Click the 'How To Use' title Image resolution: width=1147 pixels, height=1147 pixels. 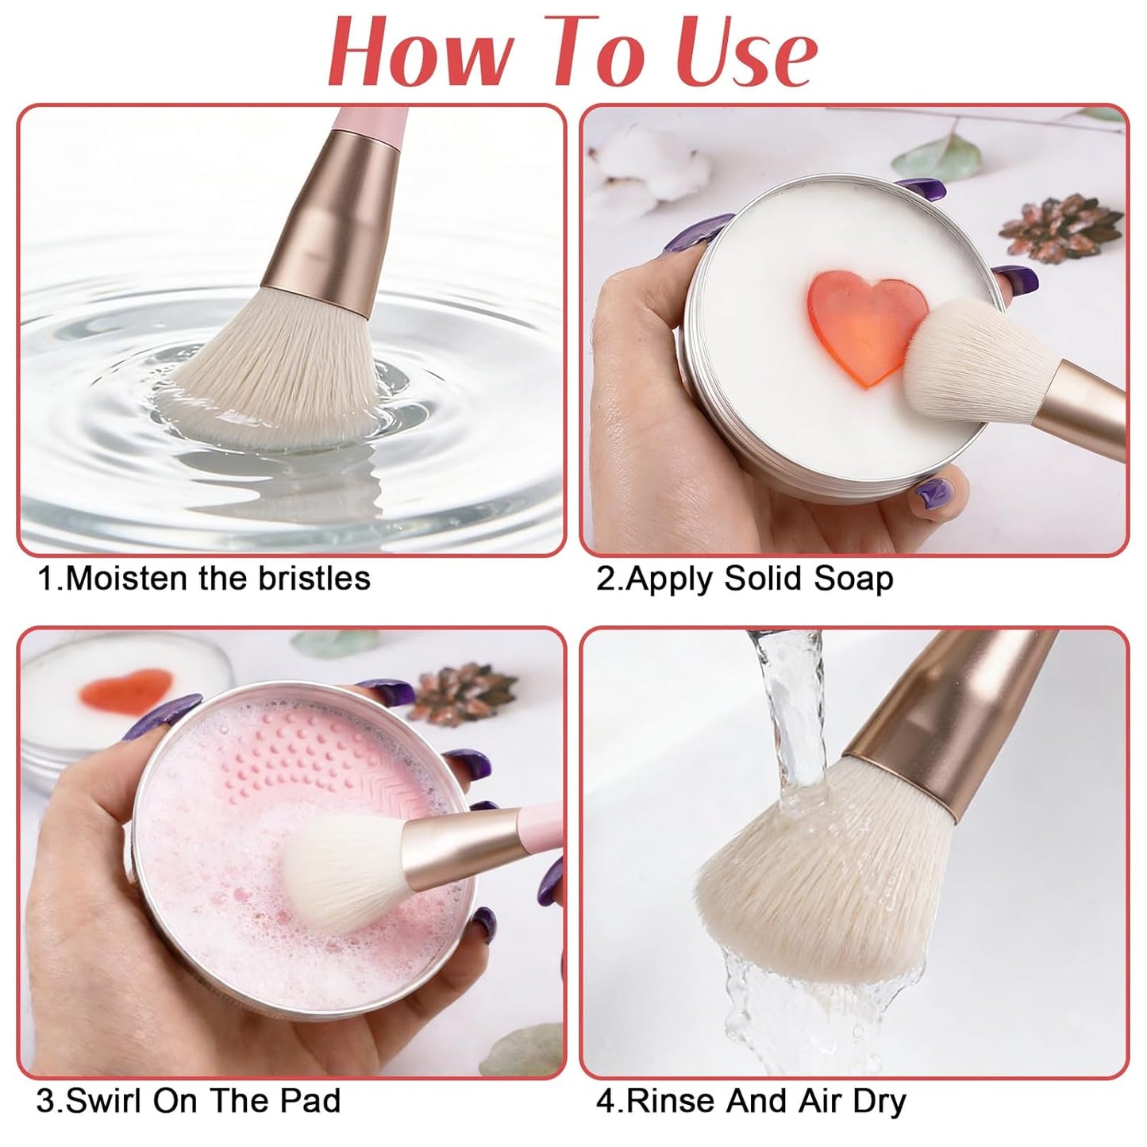(573, 52)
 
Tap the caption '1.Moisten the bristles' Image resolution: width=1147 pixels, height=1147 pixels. (204, 579)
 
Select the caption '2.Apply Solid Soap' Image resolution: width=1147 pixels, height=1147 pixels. (745, 579)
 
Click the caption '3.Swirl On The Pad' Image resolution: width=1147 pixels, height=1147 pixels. (188, 1101)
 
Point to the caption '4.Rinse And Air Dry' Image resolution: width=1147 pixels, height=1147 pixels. (751, 1101)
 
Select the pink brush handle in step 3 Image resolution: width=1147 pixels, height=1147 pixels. (540, 826)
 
